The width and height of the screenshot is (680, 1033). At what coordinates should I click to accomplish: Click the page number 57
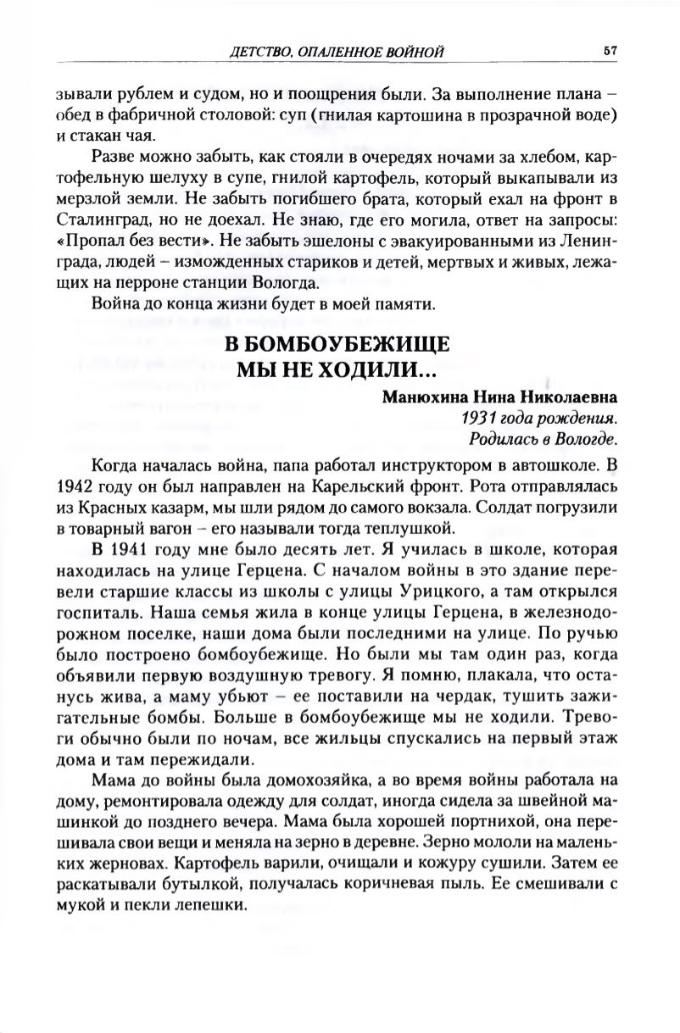(x=610, y=51)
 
